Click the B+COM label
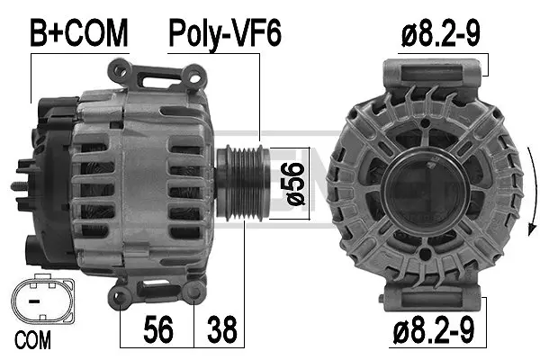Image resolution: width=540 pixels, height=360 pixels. pos(79,33)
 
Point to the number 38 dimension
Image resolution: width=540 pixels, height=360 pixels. pos(224,328)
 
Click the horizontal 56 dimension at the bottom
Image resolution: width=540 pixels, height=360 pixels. pos(158,328)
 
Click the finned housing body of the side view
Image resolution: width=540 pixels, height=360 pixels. pos(144,180)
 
